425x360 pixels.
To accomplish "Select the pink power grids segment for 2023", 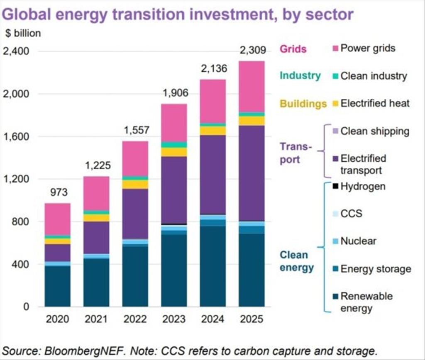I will [174, 123].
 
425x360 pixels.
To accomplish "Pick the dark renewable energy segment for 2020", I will [57, 286].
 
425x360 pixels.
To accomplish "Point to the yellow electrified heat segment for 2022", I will [135, 185].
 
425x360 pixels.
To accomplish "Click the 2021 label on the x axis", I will [96, 319].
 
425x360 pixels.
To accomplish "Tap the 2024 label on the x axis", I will [212, 319].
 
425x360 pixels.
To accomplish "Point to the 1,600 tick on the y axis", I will [15, 136].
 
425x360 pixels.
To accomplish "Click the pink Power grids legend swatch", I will [335, 49].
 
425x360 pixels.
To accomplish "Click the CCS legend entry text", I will [351, 214].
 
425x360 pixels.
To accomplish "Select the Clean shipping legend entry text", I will [375, 131].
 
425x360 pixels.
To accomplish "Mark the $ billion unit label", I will [23, 34].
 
